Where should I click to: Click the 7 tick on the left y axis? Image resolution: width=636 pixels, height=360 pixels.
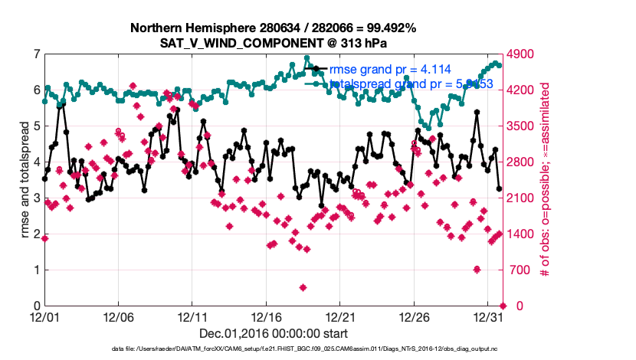pyautogui.click(x=35, y=54)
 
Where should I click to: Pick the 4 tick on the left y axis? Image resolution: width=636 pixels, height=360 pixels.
pyautogui.click(x=35, y=162)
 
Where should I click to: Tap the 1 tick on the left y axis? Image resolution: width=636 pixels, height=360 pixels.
pyautogui.click(x=35, y=270)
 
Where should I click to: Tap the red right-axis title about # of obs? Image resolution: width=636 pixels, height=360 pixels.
pyautogui.click(x=545, y=179)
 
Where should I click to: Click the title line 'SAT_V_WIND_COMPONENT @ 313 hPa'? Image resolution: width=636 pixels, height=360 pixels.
pyautogui.click(x=273, y=43)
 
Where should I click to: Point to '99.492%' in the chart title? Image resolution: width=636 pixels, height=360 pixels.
pyautogui.click(x=388, y=28)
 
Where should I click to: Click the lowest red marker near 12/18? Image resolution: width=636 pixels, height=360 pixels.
pyautogui.click(x=303, y=288)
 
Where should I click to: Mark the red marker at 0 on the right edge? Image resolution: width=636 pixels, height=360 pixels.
pyautogui.click(x=502, y=306)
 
